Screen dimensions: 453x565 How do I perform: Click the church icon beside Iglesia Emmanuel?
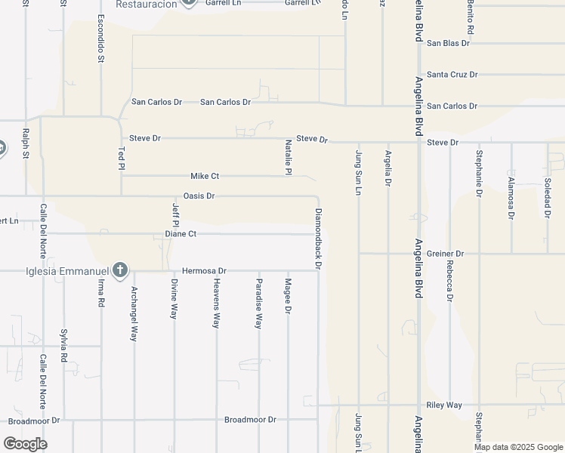tap(119, 270)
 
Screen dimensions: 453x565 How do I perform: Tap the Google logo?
tap(25, 444)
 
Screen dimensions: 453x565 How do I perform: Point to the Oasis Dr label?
tap(199, 196)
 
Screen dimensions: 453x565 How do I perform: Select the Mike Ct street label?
tap(204, 176)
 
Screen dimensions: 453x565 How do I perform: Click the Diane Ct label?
tap(181, 234)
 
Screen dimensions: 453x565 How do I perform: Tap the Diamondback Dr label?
tap(319, 239)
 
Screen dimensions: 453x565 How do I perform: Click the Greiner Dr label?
tap(443, 254)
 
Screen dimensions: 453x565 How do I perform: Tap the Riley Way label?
tap(443, 405)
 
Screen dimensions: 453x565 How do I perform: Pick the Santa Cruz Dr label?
tap(452, 75)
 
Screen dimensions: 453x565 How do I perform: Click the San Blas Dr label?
tap(448, 43)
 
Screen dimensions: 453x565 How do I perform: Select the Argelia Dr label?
tap(387, 168)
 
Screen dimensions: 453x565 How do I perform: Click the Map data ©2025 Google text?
tap(517, 447)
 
